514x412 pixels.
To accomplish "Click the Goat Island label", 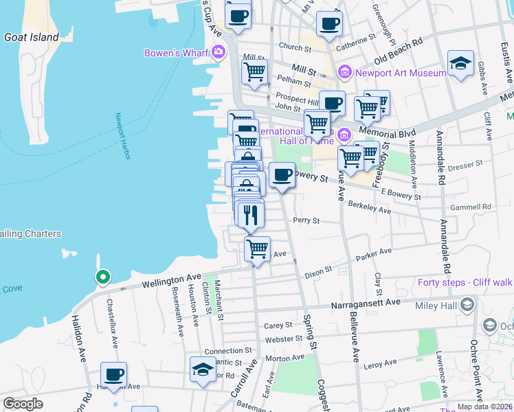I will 32,37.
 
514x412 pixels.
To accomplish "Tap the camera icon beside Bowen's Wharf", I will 219,51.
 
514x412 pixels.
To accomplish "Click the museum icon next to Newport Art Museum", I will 345,72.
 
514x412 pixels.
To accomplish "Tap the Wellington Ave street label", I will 172,280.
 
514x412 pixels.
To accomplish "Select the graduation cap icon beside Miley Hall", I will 467,304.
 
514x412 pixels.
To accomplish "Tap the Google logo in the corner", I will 23,404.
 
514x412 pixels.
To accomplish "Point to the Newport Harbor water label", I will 123,137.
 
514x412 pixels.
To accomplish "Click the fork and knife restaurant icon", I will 251,214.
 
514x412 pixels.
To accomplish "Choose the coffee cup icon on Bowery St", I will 282,174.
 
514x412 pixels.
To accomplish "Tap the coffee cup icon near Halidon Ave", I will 114,375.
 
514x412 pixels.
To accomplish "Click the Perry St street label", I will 306,220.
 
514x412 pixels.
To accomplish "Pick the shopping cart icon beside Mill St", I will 255,71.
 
